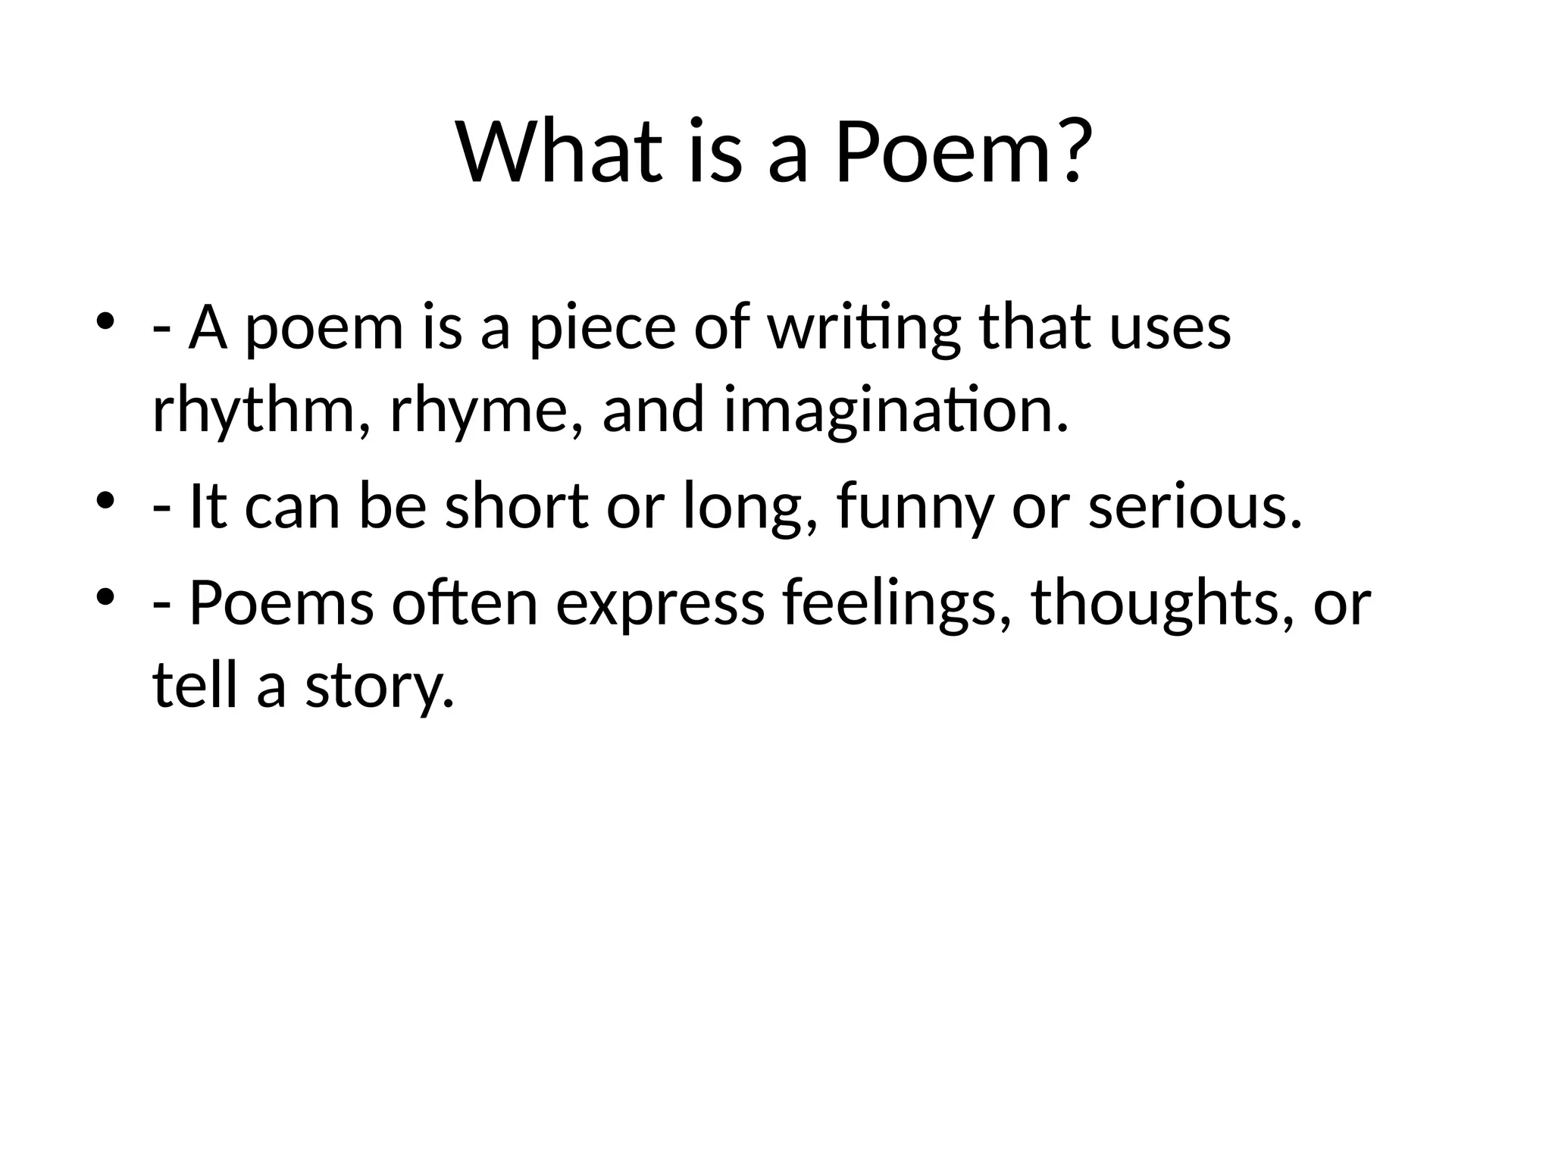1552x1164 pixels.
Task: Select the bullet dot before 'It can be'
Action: tap(105, 499)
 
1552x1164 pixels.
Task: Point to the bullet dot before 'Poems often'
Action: tap(105, 596)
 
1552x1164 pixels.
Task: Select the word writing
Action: tap(863, 330)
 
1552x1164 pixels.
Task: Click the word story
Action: tap(380, 687)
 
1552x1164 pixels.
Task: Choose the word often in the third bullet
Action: tap(465, 604)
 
